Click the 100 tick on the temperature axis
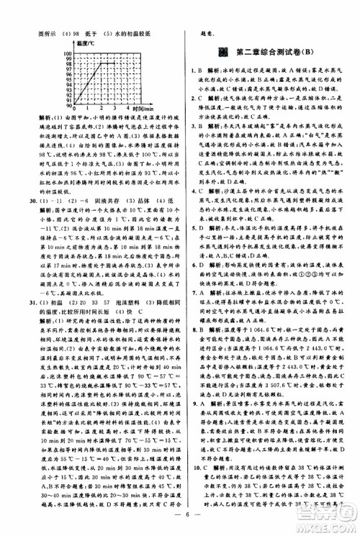(49, 54)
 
